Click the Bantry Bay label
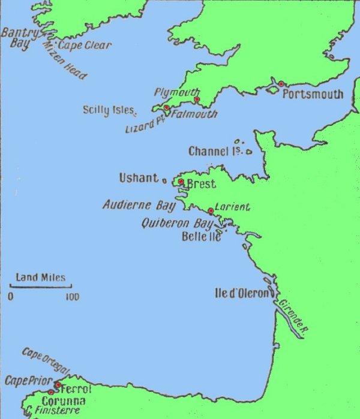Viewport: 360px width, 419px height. (20, 38)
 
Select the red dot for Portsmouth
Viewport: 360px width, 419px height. (281, 84)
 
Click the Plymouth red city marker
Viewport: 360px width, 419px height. (196, 99)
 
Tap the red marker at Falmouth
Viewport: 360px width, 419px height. (166, 107)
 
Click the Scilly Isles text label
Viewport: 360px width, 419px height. (109, 110)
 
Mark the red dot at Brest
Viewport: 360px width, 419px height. (181, 181)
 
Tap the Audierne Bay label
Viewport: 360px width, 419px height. (138, 205)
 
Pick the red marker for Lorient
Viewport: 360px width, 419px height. (211, 211)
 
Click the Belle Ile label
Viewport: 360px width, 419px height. (201, 236)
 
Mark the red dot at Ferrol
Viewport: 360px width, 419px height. (58, 385)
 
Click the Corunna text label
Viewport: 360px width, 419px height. (63, 401)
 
